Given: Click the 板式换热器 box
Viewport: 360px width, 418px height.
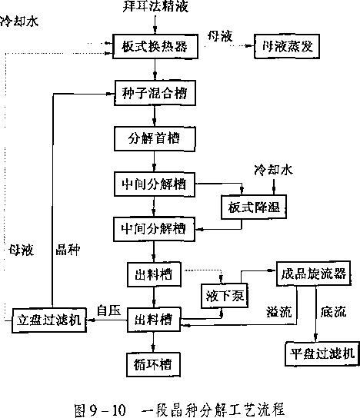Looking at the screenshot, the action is pos(155,46).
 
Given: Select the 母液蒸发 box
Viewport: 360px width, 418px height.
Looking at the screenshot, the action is pos(287,46).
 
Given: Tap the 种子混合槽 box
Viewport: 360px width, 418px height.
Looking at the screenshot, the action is pos(155,93).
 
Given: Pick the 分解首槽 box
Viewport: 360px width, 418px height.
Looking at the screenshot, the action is pos(155,139).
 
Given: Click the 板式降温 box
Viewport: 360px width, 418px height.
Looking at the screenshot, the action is pos(254,207).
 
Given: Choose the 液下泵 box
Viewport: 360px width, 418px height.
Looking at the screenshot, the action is pos(225,296).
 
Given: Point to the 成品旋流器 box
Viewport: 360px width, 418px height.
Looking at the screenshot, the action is pos(314,274).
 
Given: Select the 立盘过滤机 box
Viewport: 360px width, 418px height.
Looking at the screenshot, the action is pos(49,320).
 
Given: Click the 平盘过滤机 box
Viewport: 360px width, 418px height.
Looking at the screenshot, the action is pos(322,353).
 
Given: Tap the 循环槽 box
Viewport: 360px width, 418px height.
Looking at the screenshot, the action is pos(153,364).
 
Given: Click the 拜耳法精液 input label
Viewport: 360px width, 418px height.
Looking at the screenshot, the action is pos(155,6).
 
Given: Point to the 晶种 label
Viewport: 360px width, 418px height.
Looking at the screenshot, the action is pos(68,250).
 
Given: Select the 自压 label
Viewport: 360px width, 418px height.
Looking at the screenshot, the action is pos(109,310).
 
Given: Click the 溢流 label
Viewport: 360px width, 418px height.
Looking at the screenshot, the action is pos(279,312).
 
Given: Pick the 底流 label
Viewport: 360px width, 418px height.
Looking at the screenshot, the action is pos(334,312).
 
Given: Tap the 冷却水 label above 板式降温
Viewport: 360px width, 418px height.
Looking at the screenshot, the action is pos(273,170).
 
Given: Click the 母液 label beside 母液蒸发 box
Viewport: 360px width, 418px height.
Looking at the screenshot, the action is pos(220,36).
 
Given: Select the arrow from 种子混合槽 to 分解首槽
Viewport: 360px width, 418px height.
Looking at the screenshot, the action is pos(155,116).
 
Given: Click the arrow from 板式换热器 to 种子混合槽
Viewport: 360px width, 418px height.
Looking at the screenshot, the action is pos(155,69).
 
